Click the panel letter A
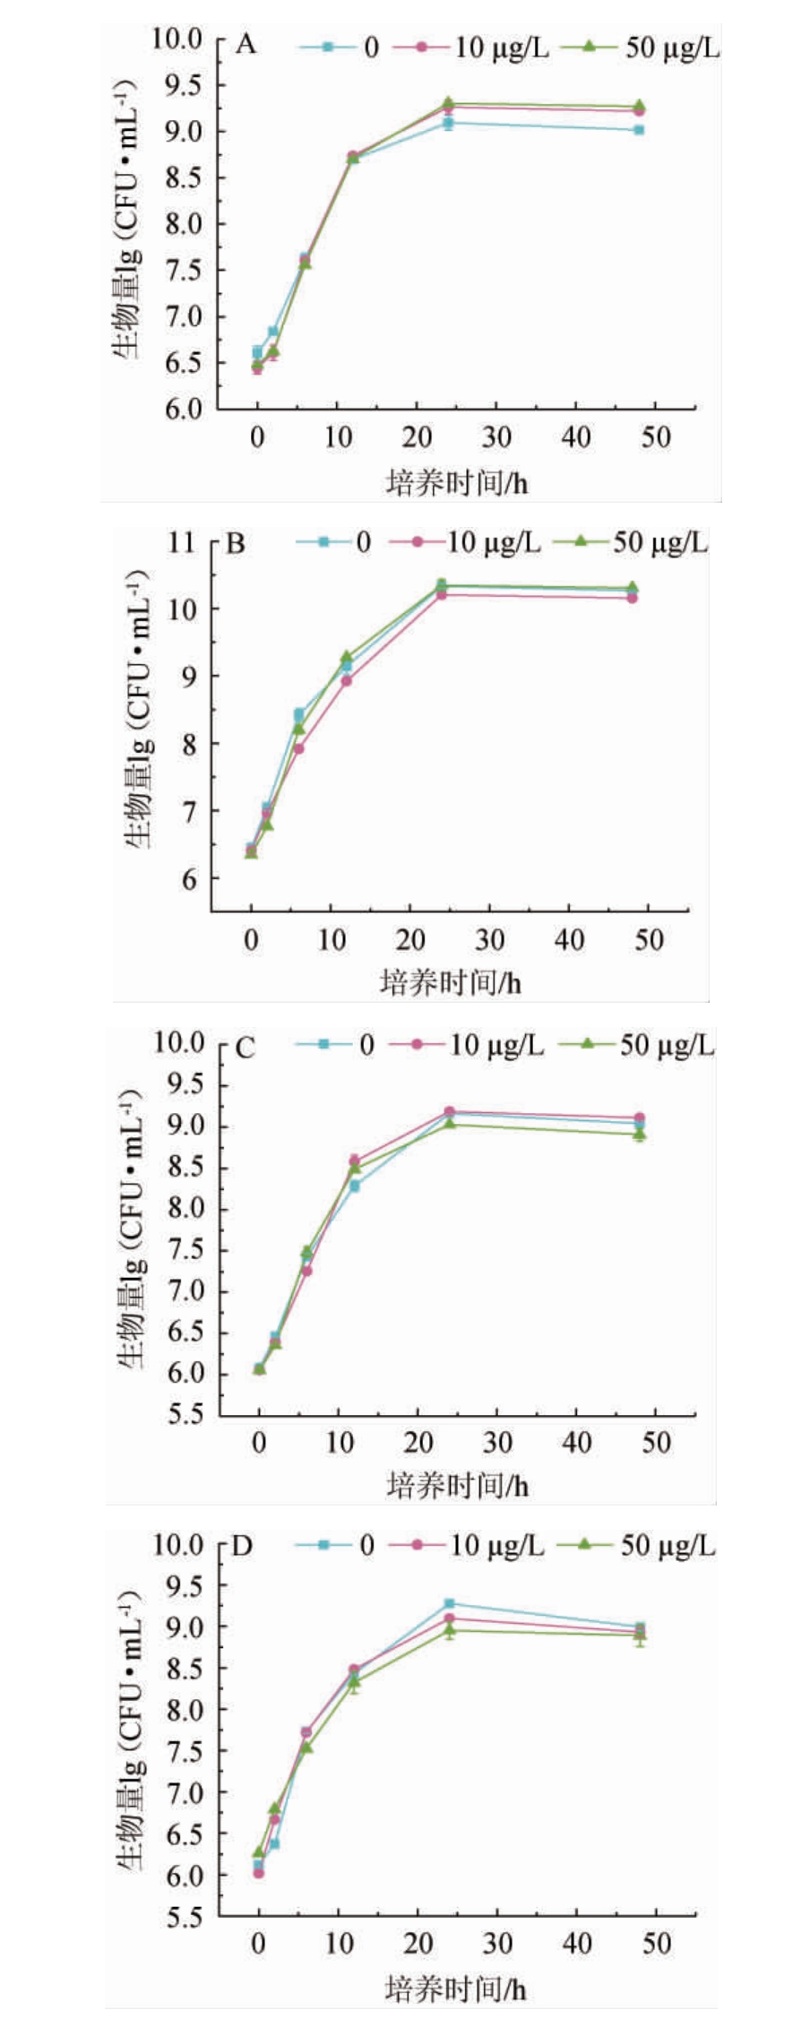pyautogui.click(x=246, y=44)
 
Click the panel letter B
pyautogui.click(x=235, y=544)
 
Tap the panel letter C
pyautogui.click(x=245, y=1047)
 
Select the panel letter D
pyautogui.click(x=242, y=1546)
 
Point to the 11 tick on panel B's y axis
pyautogui.click(x=181, y=542)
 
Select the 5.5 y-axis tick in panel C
pyautogui.click(x=182, y=1415)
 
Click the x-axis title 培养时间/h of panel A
pyautogui.click(x=457, y=484)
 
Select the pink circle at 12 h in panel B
pyautogui.click(x=347, y=680)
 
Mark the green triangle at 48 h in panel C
pyautogui.click(x=639, y=1134)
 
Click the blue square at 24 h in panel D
pyautogui.click(x=449, y=1603)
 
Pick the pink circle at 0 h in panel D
pyautogui.click(x=259, y=1872)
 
